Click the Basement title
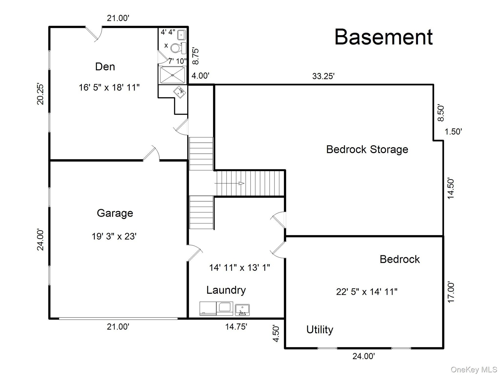point(383,37)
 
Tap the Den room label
point(105,67)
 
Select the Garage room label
point(115,213)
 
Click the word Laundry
point(226,290)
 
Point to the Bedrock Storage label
point(367,149)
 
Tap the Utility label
point(320,330)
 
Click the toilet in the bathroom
point(178,48)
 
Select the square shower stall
point(172,75)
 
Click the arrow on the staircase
point(229,183)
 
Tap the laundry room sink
point(242,310)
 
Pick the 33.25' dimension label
point(323,76)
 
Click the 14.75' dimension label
point(236,327)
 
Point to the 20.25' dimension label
point(40,94)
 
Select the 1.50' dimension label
point(453,132)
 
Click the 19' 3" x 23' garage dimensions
point(114,236)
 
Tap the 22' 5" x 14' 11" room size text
point(367,292)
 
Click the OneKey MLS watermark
point(474,370)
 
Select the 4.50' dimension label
point(276,333)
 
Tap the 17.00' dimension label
point(451,292)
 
